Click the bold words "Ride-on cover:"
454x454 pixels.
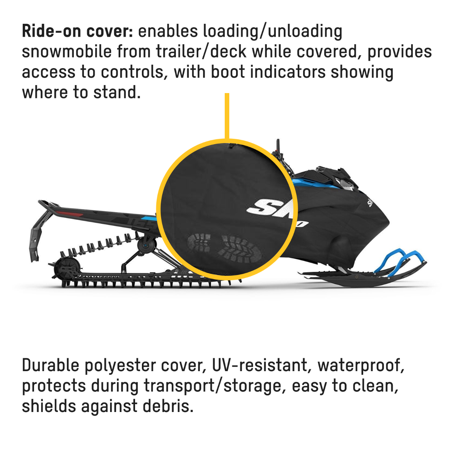point(78,31)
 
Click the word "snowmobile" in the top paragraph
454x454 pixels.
point(67,51)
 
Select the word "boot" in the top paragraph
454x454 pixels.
point(228,72)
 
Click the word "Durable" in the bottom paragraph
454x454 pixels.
point(50,365)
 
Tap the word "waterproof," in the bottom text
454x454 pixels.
point(361,366)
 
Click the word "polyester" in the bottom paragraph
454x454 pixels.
point(120,366)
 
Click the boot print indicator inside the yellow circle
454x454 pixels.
point(224,248)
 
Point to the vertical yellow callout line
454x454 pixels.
point(227,116)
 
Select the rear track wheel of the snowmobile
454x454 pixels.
point(67,269)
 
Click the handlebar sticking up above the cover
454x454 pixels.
point(278,146)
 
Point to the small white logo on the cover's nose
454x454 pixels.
point(370,203)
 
